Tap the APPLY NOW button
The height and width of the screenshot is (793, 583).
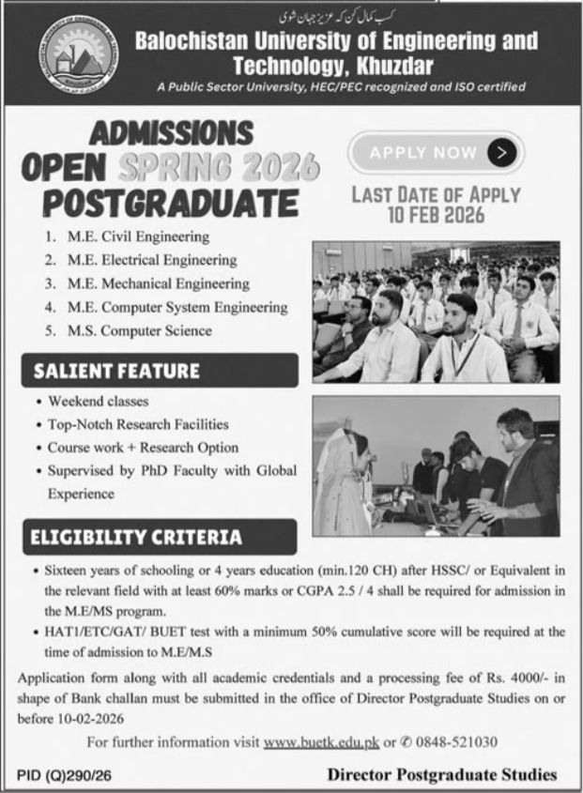click(436, 151)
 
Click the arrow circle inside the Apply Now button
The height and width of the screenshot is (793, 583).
click(502, 151)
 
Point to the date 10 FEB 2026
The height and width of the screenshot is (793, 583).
click(435, 216)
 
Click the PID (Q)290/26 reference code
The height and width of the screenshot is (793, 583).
click(69, 775)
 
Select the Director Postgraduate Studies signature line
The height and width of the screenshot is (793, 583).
click(442, 775)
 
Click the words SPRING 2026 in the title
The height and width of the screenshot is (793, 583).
click(219, 168)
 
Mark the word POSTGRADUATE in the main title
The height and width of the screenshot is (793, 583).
click(170, 203)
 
